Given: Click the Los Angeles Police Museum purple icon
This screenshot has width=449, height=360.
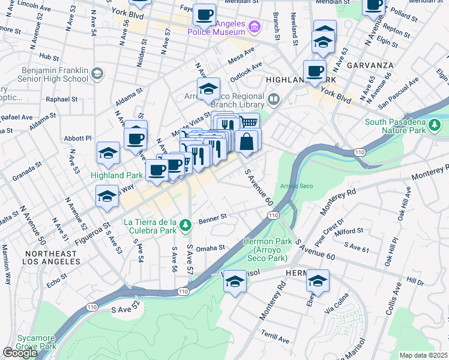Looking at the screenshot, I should click(x=255, y=26).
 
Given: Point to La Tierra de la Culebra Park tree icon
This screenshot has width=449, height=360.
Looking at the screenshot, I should click(x=186, y=225).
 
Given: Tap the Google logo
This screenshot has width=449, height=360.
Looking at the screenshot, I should click(x=19, y=353).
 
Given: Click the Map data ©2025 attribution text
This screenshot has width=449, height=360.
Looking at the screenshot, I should click(x=423, y=355).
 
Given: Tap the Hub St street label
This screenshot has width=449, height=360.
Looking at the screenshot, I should click(x=47, y=56).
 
